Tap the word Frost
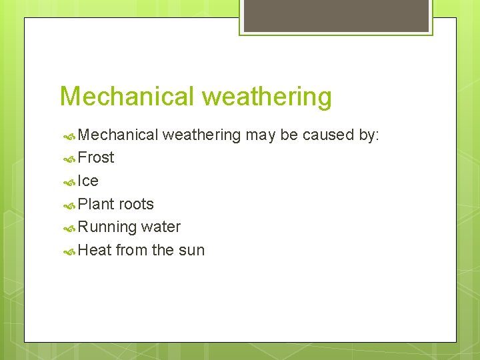[x=96, y=158]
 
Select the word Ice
[x=88, y=181]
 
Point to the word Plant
[x=96, y=204]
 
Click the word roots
[x=136, y=204]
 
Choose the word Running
[x=107, y=227]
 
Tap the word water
[x=161, y=227]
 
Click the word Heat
[x=95, y=251]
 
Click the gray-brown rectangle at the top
[x=335, y=15]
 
